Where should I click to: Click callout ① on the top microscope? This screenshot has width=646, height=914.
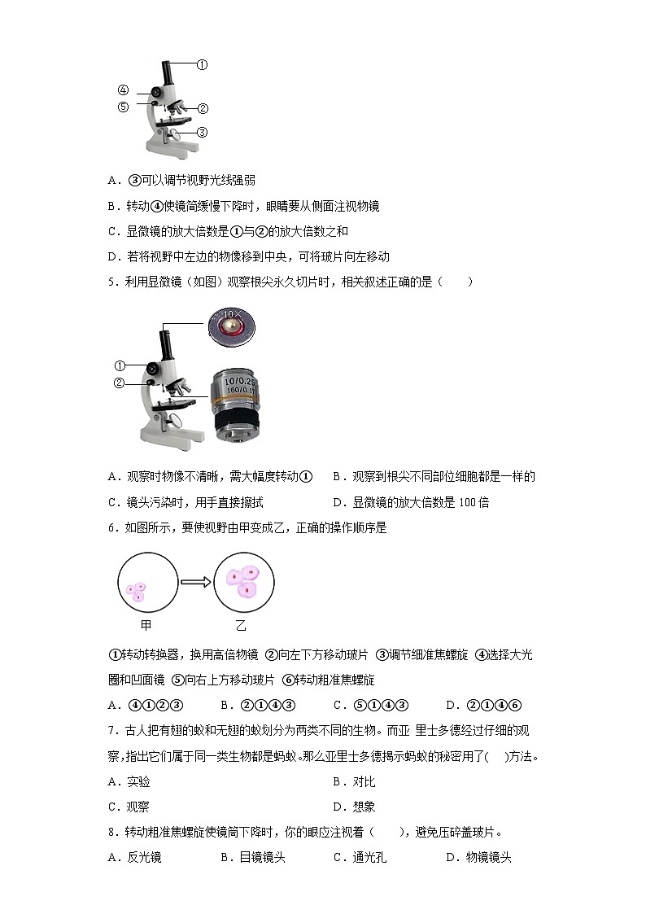coord(202,64)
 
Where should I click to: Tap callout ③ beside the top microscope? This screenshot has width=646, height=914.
coord(202,133)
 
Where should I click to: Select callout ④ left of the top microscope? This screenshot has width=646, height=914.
coord(123,90)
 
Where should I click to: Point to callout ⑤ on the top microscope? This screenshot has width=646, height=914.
coord(123,106)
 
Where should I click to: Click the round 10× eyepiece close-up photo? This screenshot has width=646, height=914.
coord(231,327)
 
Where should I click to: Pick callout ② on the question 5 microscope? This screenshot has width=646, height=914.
coord(119,383)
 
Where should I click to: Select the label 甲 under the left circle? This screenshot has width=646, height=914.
coord(146,625)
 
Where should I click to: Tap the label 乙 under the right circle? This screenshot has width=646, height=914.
coord(241,625)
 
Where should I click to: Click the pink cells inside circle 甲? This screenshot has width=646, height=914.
coord(137,589)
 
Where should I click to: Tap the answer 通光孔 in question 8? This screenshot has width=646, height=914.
coord(369,856)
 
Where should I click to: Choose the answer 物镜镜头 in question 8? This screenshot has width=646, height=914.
coord(488,856)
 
